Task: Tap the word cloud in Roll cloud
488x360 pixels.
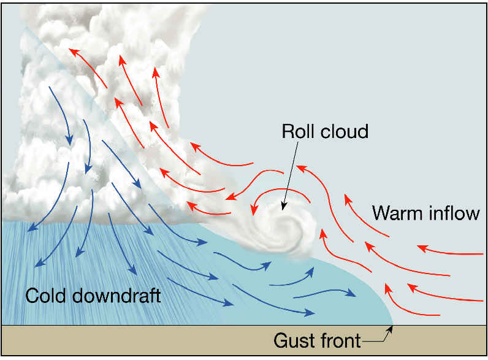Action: [345, 131]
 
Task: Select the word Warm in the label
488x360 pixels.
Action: [397, 213]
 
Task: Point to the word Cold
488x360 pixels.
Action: [46, 296]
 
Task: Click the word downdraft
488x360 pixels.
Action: [116, 296]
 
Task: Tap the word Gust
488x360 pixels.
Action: [294, 340]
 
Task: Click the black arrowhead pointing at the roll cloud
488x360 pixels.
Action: [283, 206]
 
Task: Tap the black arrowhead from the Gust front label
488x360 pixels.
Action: [391, 329]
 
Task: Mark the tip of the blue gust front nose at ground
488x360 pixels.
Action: [393, 325]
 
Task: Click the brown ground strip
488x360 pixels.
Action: [243, 340]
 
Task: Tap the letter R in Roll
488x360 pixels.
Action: [288, 131]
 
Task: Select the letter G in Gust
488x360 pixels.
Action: [281, 340]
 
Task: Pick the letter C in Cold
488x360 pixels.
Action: [32, 296]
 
